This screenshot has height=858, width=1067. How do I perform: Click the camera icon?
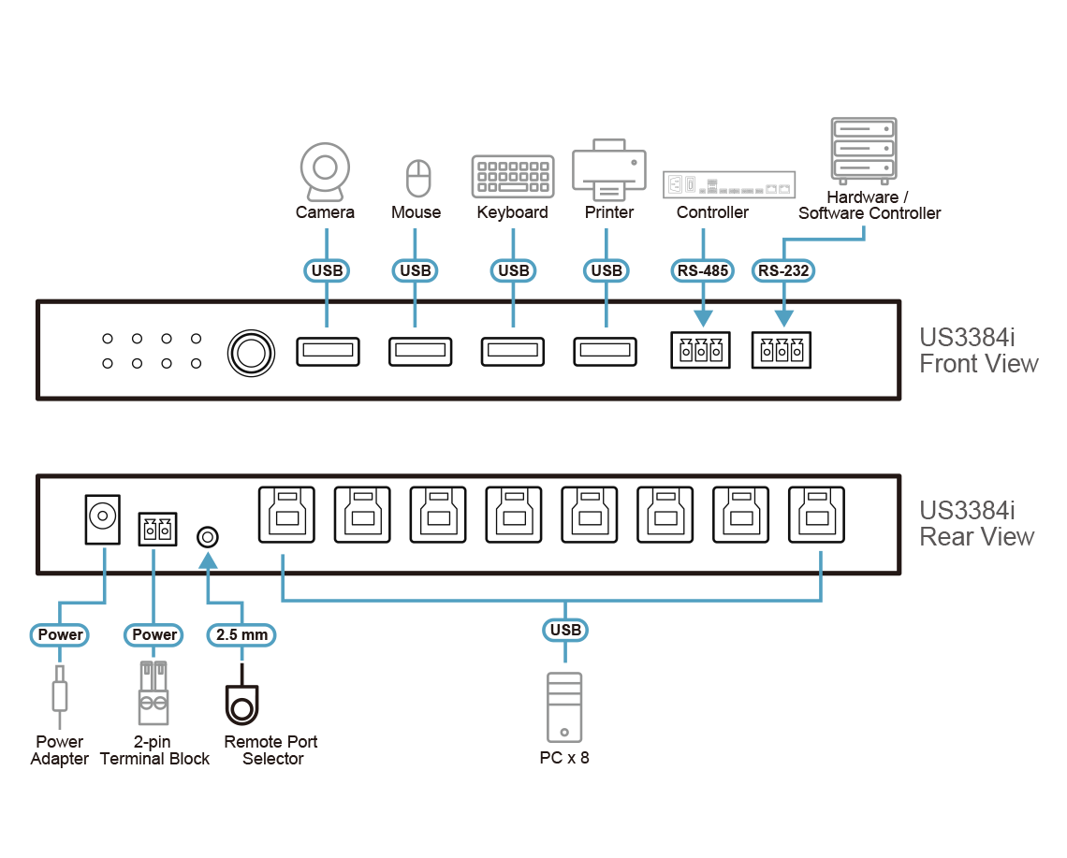pos(325,171)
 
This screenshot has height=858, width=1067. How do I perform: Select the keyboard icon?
pos(512,176)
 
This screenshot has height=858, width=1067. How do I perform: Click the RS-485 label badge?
pos(702,271)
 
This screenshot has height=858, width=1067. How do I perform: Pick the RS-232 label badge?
pos(783,271)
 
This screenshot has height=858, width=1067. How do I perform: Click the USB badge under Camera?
pos(327,271)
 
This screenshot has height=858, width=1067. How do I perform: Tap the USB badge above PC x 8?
pos(565,630)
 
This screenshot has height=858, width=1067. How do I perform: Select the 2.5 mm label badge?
pos(241,634)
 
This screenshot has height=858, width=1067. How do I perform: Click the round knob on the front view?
pos(252,353)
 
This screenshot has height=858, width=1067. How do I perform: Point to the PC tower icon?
pos(563,707)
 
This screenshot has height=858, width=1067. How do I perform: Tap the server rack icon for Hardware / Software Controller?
pos(863,149)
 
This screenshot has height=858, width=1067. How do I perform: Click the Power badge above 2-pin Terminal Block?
pos(154,634)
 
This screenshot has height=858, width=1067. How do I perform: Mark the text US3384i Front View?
pos(978,351)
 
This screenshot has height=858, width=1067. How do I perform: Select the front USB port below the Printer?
pos(606,352)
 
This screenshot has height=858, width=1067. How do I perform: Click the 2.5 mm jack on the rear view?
pos(208,537)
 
